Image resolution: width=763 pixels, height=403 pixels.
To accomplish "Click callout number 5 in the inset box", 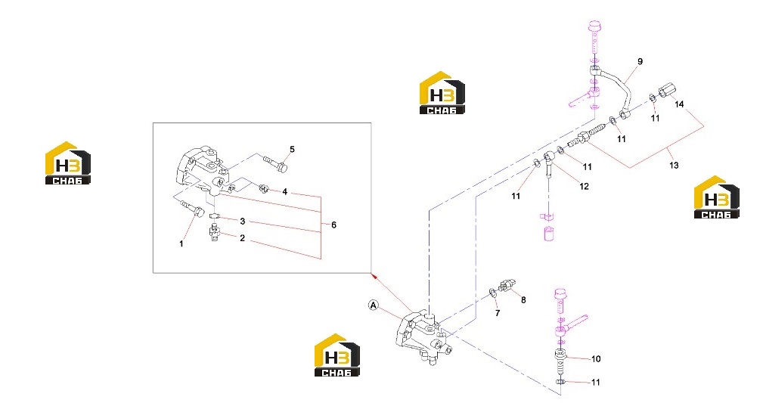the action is [292, 149].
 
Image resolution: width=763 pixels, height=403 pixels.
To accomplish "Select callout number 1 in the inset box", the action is [181, 243].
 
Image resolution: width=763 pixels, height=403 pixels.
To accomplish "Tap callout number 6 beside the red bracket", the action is [333, 225].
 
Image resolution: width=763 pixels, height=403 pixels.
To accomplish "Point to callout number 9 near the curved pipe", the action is [640, 61].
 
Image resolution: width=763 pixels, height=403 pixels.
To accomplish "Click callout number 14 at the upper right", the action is [679, 104].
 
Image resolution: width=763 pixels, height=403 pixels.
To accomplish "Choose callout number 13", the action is [674, 166].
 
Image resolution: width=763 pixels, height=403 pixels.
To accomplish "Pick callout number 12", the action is [584, 186].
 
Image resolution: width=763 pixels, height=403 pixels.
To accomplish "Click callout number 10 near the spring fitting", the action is [596, 358].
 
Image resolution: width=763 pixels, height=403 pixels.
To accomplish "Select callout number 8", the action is [523, 300].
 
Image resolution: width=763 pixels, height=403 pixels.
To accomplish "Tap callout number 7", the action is [498, 313].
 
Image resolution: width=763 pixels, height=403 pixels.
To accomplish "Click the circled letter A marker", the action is [374, 305].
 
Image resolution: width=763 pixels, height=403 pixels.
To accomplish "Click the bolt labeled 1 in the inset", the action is [193, 208].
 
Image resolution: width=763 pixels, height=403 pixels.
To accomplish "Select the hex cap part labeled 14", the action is [667, 90].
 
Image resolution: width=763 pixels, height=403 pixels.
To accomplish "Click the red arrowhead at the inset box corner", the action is [374, 276].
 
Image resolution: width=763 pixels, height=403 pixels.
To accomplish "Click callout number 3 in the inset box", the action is [242, 222].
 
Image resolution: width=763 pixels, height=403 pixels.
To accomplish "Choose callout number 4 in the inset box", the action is [284, 192].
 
